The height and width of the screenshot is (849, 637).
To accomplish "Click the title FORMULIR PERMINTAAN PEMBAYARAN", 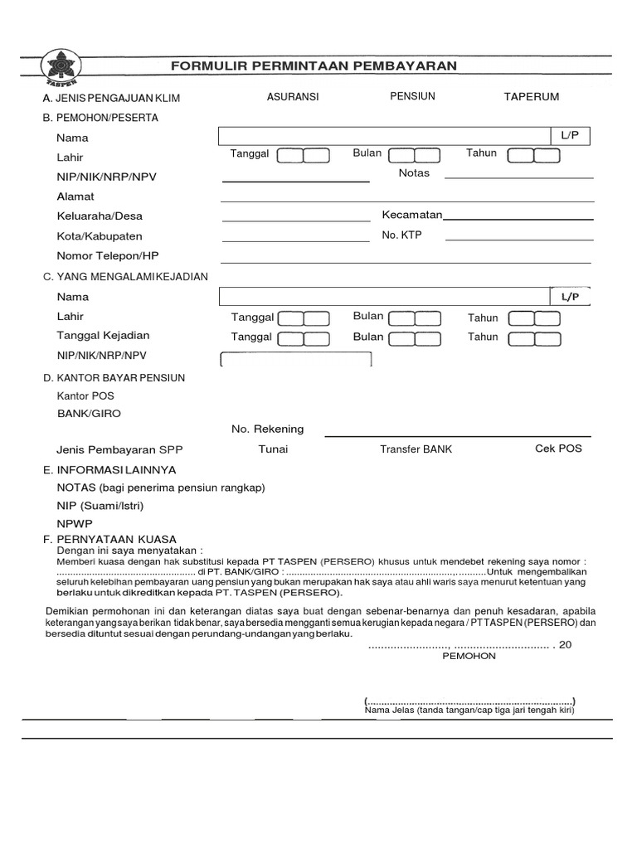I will click(x=314, y=65).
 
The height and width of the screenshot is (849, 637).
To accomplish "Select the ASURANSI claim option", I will click(x=293, y=97).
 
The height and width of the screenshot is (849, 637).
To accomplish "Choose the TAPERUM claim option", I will click(x=532, y=97).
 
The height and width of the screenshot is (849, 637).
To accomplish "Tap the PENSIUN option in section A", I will click(x=412, y=96).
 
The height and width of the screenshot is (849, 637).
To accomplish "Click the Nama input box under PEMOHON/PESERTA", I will click(x=384, y=137).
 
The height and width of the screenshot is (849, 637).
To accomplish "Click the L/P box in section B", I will click(x=570, y=135).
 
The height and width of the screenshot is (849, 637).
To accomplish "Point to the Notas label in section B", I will click(x=414, y=173).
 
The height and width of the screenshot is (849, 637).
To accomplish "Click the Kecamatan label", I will click(x=412, y=216).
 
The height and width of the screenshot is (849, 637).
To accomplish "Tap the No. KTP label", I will click(x=401, y=235).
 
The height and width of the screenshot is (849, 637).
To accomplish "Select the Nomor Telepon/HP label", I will click(x=108, y=255).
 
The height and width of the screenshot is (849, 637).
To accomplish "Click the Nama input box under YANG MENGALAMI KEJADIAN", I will click(x=384, y=297).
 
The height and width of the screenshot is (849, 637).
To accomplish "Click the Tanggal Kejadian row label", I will click(x=103, y=336).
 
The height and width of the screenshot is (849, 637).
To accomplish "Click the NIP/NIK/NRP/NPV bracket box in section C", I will click(x=295, y=359).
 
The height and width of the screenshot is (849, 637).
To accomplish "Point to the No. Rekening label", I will click(x=267, y=429).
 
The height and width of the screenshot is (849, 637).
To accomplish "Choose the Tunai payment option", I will click(x=273, y=449).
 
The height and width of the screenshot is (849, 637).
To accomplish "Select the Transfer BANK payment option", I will click(x=416, y=449).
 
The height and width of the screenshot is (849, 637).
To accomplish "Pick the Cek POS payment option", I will click(x=558, y=449).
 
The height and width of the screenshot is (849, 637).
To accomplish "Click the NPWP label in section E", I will click(x=75, y=524).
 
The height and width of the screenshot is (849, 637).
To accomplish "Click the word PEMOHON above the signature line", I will click(x=469, y=656).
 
